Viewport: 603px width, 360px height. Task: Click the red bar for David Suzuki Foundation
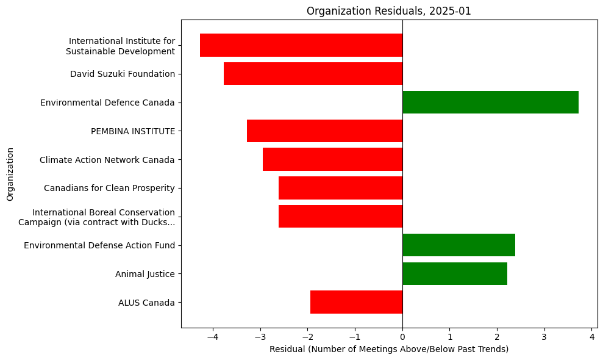[x=313, y=74]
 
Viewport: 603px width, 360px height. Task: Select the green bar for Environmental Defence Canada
[x=490, y=103]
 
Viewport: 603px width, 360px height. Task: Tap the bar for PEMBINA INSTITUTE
[x=324, y=131]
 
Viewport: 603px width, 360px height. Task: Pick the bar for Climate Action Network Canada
[x=332, y=160]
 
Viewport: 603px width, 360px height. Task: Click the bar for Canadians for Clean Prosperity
[x=340, y=188]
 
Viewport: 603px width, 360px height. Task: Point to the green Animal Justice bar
[x=455, y=274]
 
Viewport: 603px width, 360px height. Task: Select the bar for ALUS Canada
[x=356, y=302]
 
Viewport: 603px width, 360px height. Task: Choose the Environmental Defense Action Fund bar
[x=458, y=245]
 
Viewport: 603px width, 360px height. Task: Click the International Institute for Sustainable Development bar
[x=301, y=45]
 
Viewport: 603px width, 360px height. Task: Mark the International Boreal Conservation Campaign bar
[x=340, y=217]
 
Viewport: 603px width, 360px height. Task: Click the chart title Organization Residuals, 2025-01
[x=389, y=11]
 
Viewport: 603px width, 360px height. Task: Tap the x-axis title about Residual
[x=389, y=349]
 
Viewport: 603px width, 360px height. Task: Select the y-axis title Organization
[x=10, y=174]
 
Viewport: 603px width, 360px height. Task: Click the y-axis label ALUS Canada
[x=146, y=303]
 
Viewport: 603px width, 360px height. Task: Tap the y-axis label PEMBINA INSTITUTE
[x=132, y=131]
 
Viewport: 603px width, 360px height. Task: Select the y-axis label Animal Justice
[x=145, y=274]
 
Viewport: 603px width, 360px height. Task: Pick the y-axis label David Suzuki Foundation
[x=123, y=74]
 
